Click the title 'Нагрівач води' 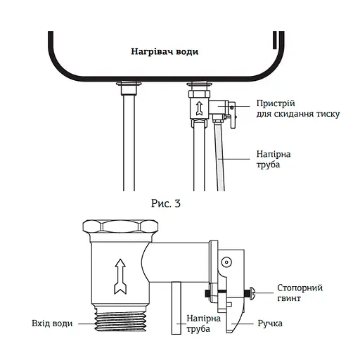pos(165,52)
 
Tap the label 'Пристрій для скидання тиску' pos(278,108)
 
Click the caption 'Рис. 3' pos(166,204)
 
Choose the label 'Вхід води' pos(51,323)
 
